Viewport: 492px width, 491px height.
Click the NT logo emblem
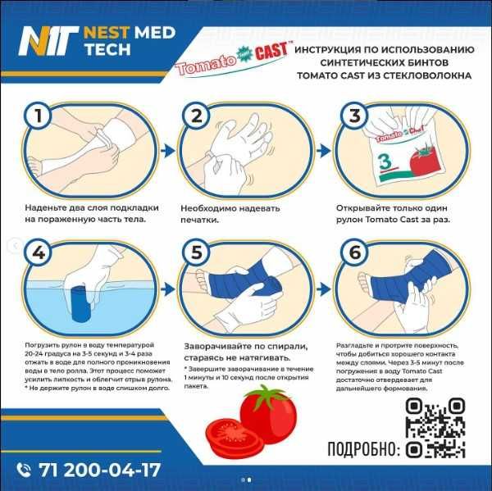point(45,39)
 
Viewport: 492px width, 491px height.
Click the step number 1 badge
point(36,116)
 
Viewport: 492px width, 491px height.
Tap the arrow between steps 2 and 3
point(325,150)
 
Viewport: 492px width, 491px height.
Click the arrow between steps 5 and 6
point(325,287)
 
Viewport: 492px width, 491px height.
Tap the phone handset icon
point(24,470)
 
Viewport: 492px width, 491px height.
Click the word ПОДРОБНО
point(362,448)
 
